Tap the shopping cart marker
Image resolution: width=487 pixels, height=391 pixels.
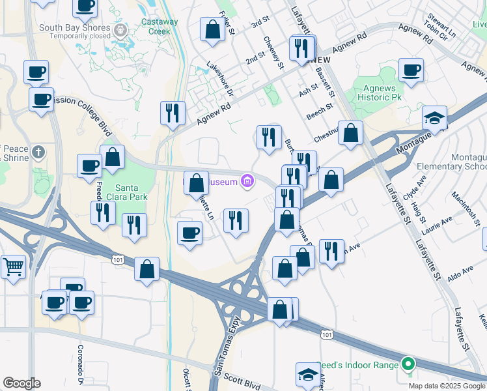tap(14, 266)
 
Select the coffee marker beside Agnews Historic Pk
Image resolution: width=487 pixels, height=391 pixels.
tap(411, 70)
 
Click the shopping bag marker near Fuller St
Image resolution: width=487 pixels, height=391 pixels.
tap(212, 29)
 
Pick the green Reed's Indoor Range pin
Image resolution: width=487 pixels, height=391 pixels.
tap(408, 364)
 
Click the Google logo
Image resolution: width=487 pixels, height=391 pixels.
tap(21, 383)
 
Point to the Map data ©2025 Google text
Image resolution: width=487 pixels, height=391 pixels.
tap(446, 385)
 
